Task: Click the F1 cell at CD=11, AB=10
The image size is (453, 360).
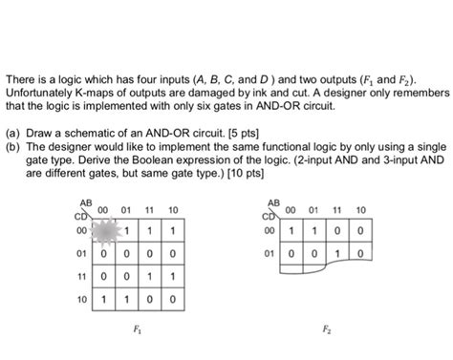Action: tap(172, 277)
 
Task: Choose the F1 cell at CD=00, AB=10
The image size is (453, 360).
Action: tap(172, 231)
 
